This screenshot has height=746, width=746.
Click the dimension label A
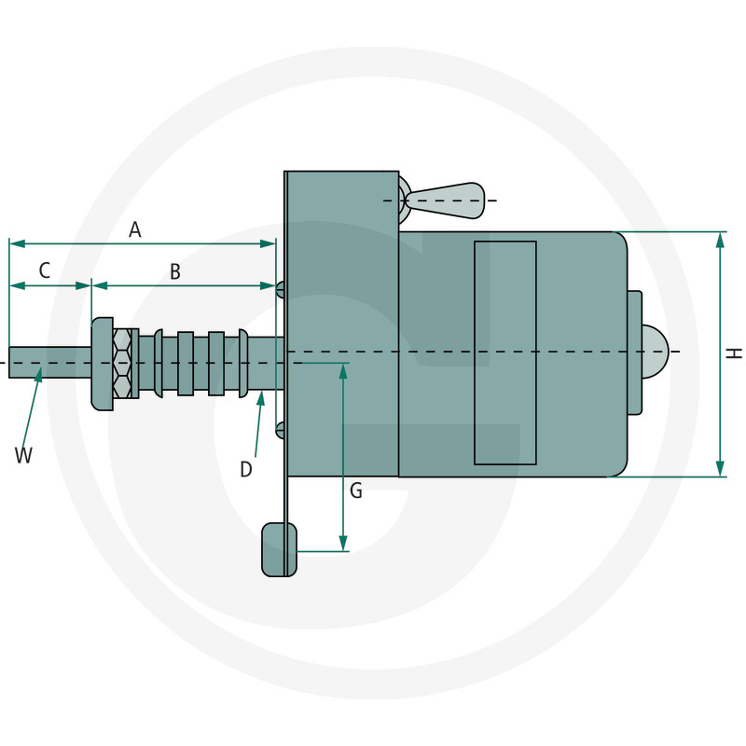click(135, 229)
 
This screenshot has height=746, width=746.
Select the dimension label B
click(174, 271)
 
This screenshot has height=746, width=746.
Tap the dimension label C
click(45, 271)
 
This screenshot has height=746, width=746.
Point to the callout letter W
click(23, 455)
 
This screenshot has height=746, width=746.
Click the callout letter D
click(246, 469)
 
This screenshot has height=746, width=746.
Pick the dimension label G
click(356, 490)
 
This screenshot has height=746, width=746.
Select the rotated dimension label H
click(735, 353)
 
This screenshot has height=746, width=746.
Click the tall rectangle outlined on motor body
click(504, 352)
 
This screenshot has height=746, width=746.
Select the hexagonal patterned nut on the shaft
click(122, 362)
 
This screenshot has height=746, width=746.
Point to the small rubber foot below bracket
click(279, 549)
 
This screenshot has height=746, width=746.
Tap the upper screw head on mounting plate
click(280, 289)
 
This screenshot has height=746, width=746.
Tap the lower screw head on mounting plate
click(280, 429)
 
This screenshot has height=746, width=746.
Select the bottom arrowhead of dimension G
click(343, 545)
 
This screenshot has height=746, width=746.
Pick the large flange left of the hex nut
click(102, 364)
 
